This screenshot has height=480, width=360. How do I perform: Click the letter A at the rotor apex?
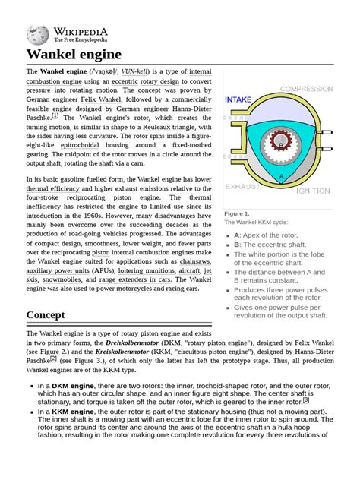tap(282, 176)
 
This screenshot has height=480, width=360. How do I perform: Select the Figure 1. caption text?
tap(237, 214)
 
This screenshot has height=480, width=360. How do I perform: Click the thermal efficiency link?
tap(58, 188)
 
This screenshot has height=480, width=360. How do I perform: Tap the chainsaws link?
tap(191, 261)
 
